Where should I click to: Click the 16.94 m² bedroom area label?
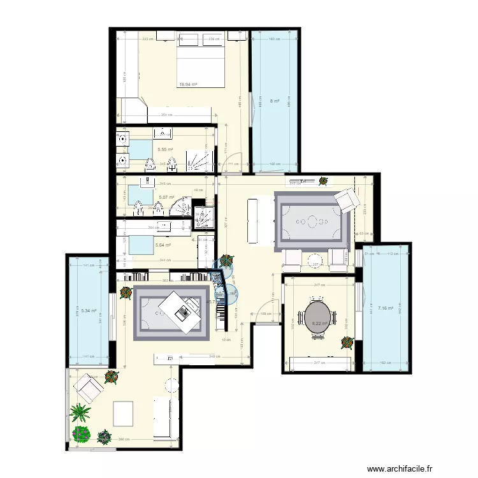point(188,84)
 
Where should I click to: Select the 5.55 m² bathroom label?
point(166,150)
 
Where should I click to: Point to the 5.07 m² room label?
point(167,198)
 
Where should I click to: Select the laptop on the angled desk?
point(182,312)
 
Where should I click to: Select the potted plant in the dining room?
point(347,342)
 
